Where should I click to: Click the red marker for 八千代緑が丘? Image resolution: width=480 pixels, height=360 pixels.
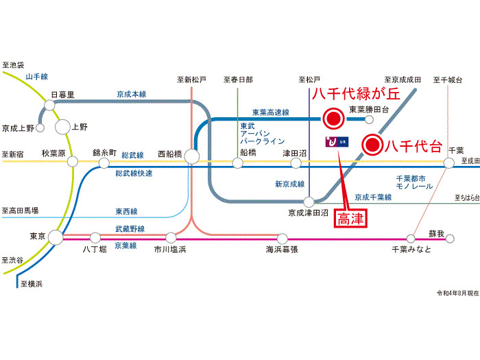click(333, 119)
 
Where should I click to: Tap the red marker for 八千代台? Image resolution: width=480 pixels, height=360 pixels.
click(372, 145)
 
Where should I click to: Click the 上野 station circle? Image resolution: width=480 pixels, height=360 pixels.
click(63, 127)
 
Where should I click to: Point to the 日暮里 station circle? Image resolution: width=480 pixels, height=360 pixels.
click(49, 105)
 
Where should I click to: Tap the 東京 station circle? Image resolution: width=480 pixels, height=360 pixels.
click(56, 237)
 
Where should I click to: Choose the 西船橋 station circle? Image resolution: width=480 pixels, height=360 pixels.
click(192, 157)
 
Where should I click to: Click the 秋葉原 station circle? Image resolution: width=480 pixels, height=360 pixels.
click(71, 163)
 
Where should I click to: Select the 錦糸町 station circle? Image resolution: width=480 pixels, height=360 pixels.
click(104, 163)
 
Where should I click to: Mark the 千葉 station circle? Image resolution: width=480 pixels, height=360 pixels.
click(449, 163)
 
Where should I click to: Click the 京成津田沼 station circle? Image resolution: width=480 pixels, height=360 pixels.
click(310, 202)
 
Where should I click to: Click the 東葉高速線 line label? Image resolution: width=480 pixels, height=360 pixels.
click(270, 112)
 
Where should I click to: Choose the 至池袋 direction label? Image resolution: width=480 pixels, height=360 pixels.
click(14, 62)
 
